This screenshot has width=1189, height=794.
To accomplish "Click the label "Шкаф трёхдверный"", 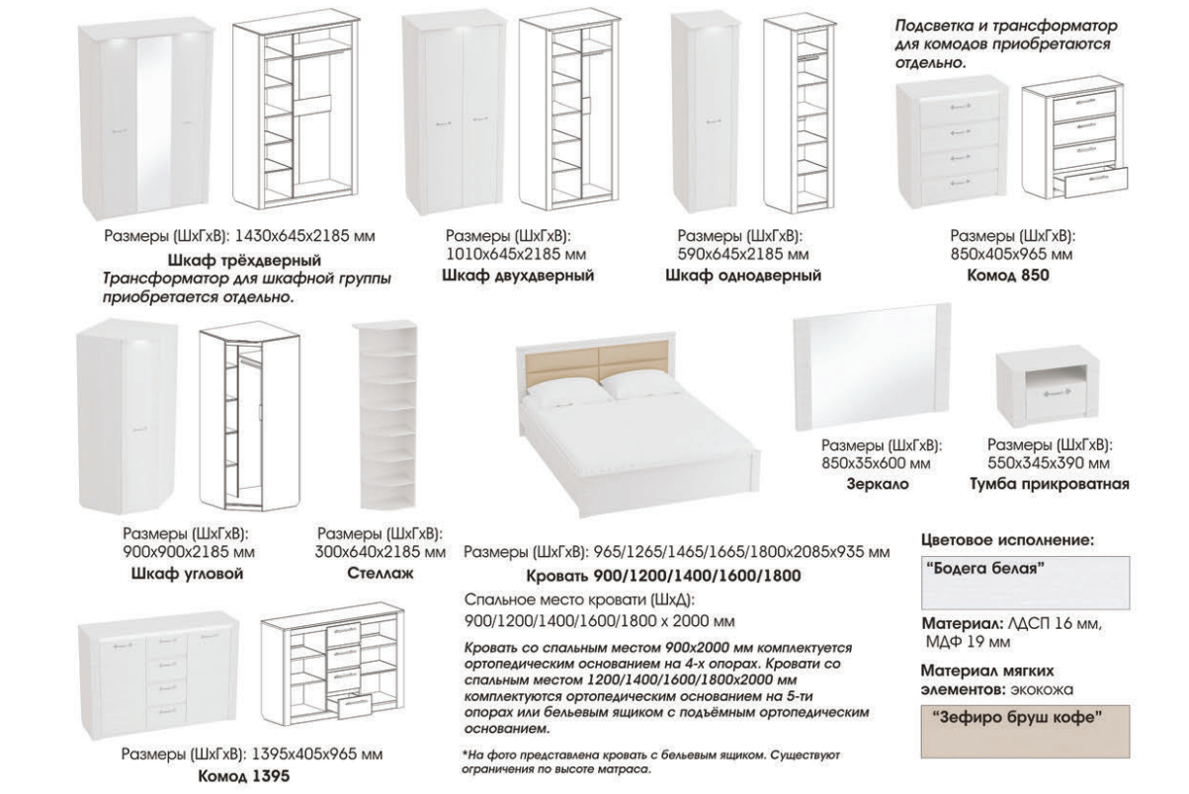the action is pyautogui.click(x=244, y=260).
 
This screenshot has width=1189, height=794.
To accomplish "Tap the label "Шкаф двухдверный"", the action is pyautogui.click(x=518, y=276).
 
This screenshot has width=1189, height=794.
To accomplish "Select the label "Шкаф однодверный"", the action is pyautogui.click(x=743, y=276).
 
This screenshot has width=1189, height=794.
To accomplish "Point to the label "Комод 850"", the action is pyautogui.click(x=1008, y=276).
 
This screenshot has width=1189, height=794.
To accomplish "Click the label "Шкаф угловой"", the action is pyautogui.click(x=187, y=574).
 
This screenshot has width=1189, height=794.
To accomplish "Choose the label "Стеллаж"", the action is pyautogui.click(x=381, y=574).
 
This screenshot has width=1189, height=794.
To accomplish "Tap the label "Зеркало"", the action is pyautogui.click(x=878, y=484).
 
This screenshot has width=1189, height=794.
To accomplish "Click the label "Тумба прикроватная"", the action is pyautogui.click(x=1050, y=484).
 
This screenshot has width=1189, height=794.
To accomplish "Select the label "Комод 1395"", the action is pyautogui.click(x=244, y=776).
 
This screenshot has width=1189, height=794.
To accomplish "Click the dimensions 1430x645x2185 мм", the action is pyautogui.click(x=304, y=235).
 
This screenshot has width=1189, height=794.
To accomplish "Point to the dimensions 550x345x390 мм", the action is pyautogui.click(x=1049, y=463).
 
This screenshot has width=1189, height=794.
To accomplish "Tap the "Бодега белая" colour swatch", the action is pyautogui.click(x=1026, y=583).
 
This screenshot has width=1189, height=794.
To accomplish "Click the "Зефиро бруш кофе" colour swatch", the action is pyautogui.click(x=1026, y=732).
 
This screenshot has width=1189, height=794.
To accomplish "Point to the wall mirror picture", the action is pyautogui.click(x=871, y=366).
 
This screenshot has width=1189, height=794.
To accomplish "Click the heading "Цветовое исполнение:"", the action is pyautogui.click(x=1007, y=541).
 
